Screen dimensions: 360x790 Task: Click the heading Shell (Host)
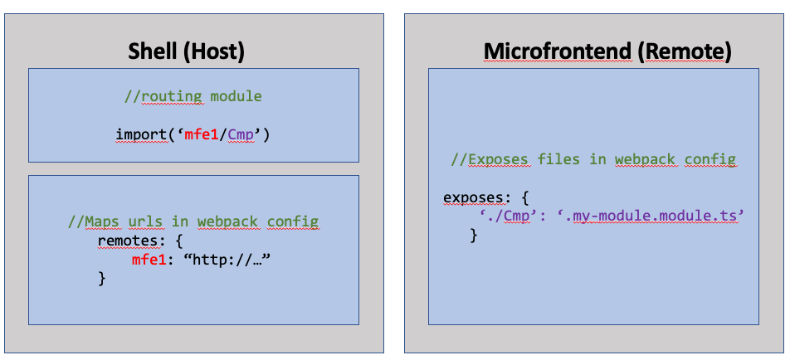pos(187,51)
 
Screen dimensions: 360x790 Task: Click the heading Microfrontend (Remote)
pos(607,51)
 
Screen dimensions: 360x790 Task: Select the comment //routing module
pos(193,96)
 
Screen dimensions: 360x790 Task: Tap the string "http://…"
pos(232,260)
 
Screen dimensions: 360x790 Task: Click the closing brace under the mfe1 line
pos(102,279)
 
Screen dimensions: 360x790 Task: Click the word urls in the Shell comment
pos(145,221)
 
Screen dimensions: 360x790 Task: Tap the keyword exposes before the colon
pos(471,197)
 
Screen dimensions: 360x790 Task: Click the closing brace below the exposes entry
pos(475,236)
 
